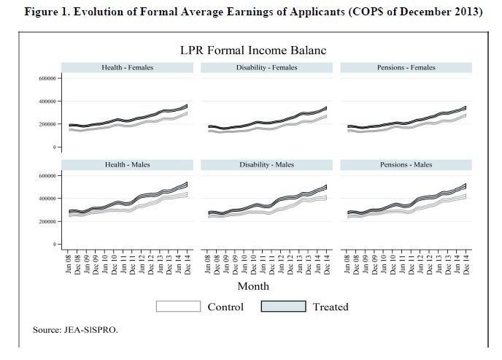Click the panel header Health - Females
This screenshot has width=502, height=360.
[127, 67]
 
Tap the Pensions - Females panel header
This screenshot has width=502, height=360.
[406, 67]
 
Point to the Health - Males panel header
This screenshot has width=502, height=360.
[127, 164]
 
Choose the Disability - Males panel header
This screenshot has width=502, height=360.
[266, 164]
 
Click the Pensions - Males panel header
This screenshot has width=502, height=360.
[406, 164]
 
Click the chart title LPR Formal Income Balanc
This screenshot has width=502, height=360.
[252, 50]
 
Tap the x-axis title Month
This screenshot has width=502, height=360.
[253, 286]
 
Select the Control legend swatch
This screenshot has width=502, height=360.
[179, 307]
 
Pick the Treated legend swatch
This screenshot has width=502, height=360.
[283, 307]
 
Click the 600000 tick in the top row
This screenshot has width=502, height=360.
[48, 78]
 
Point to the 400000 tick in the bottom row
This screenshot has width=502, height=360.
[48, 198]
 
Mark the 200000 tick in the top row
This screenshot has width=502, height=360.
[48, 124]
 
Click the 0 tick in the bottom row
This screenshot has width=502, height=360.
[55, 244]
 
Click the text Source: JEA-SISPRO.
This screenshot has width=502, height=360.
[75, 329]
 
